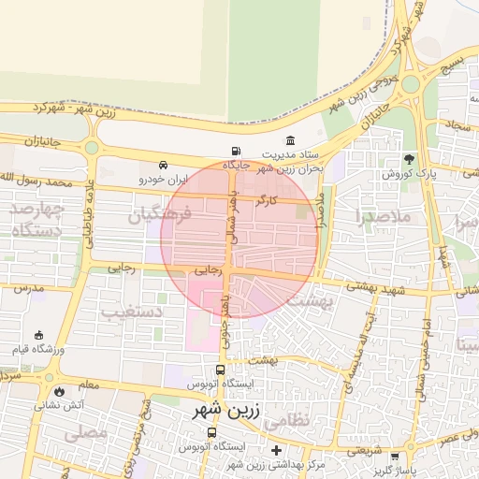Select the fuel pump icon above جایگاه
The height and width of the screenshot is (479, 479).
pos(234,152)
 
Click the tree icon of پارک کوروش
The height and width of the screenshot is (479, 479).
pos(408,159)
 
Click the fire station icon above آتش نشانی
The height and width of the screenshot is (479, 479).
pos(60,392)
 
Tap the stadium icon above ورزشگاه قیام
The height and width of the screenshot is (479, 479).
pos(38,335)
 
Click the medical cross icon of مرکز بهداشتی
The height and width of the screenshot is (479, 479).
pos(275,451)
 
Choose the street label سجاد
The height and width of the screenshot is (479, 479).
pos(458,124)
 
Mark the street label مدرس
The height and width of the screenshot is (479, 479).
pos(29,289)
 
